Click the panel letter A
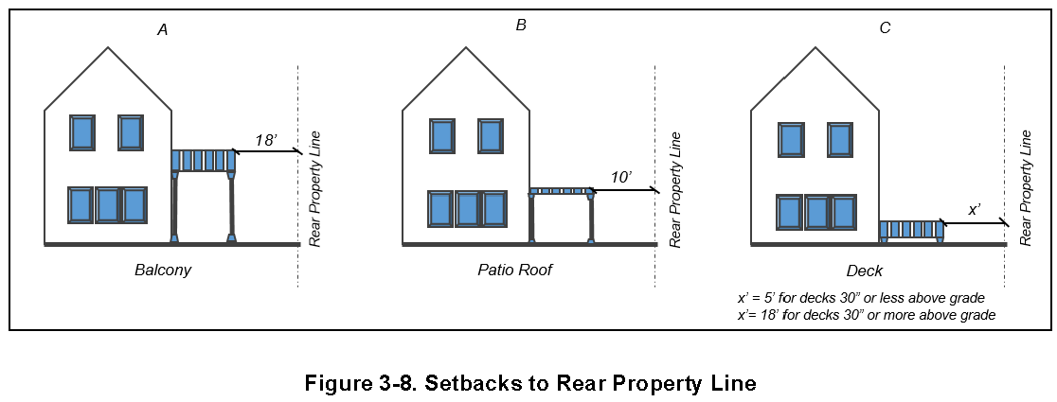coord(163,30)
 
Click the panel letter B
coord(521,26)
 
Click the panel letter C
coord(885,28)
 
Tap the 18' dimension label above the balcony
coord(266,140)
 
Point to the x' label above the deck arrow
coord(974,210)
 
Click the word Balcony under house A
coord(163,271)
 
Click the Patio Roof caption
coord(514,271)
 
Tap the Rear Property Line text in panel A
coord(316,189)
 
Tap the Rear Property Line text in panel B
coord(674,189)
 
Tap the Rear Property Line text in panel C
coord(1025,189)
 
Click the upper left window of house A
coord(82,132)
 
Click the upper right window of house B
coord(491,136)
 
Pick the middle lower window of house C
coord(816,212)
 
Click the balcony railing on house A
coord(204,160)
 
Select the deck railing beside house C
coord(911,230)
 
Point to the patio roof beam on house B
coord(562,191)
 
